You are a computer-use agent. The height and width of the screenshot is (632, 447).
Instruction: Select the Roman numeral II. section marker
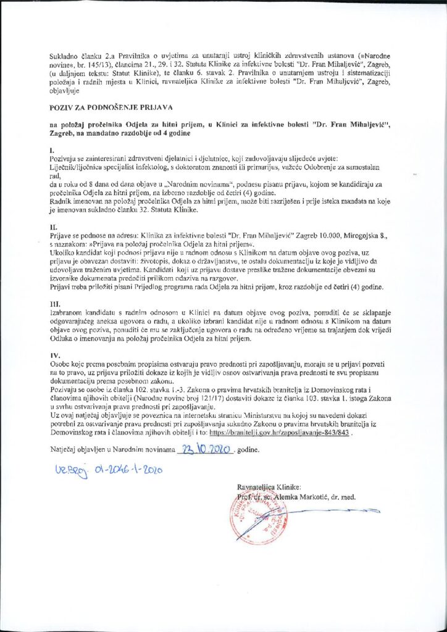coord(53,227)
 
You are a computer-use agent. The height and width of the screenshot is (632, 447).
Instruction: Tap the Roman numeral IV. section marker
coord(54,356)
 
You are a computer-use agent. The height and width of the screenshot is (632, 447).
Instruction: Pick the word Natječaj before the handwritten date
coord(65,449)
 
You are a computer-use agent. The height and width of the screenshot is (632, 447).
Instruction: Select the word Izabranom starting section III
coord(70,316)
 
